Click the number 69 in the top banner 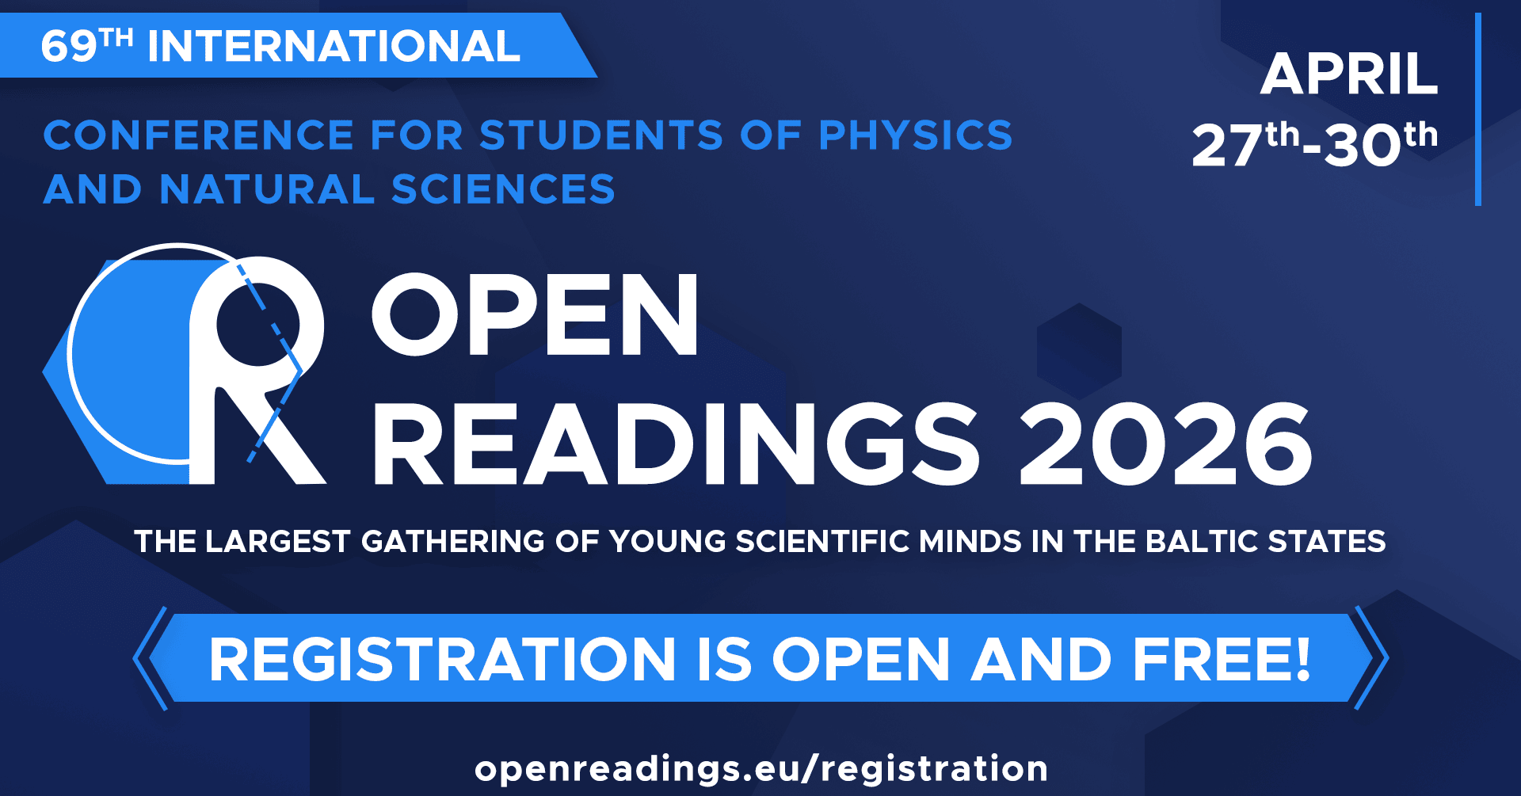point(69,47)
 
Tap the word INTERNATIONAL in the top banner point(334,46)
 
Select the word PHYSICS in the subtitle point(916,135)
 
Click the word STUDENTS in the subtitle point(601,135)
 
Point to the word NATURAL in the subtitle point(267,189)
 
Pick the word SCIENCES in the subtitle point(503,189)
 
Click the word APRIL point(1349,75)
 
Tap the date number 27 point(1227,146)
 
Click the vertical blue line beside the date point(1478,109)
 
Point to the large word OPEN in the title point(536,314)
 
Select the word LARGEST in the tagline point(277,542)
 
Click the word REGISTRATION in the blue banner point(442,659)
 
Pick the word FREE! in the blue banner point(1222,659)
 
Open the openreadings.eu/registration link point(761,769)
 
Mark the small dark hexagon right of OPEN point(1079,351)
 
